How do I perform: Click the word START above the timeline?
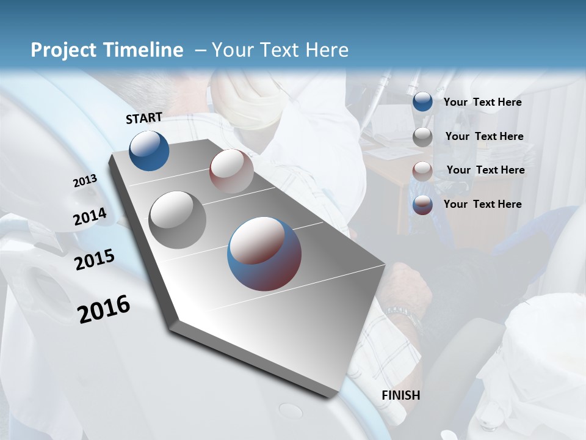coord(144,117)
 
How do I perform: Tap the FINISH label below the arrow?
coord(400,395)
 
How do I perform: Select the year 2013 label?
coord(85,181)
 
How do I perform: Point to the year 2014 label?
coord(90,217)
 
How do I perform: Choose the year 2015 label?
coord(94,260)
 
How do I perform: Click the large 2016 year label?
coord(104,309)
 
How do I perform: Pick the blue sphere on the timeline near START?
coord(149,151)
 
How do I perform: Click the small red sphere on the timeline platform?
coord(231,171)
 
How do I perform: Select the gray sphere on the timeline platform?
coord(177,220)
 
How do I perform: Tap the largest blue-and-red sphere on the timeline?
coord(264,254)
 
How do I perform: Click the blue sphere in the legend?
coord(422,102)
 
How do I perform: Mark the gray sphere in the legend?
coord(422,137)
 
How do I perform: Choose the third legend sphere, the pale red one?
coord(422,171)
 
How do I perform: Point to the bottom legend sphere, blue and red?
coord(422,205)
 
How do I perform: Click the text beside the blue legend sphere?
coord(482,102)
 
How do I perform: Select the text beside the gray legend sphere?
coord(484,136)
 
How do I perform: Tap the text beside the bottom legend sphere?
coord(482,204)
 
